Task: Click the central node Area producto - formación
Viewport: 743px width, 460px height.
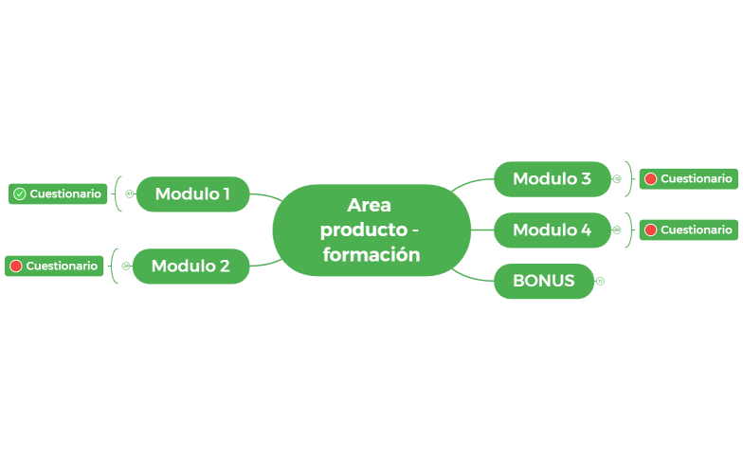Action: pos(371,230)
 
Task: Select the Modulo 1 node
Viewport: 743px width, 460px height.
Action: pos(192,193)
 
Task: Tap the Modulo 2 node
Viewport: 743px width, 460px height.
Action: pos(190,266)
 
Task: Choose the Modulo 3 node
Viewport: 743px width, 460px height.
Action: pos(552,178)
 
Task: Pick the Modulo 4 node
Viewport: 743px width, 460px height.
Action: pos(552,230)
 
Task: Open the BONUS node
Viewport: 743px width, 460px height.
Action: pos(543,281)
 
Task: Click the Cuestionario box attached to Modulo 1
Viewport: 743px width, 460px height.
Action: pos(58,193)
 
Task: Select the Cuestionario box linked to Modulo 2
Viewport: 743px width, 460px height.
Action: pos(54,266)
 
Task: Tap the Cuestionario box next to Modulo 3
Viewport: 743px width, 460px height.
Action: pos(688,178)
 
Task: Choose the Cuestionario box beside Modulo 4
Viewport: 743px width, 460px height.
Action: pos(688,230)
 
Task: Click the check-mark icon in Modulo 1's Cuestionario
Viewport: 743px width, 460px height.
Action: pos(20,193)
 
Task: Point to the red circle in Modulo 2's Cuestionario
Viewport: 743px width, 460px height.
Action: pos(16,266)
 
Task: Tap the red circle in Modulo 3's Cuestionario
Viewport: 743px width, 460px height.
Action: pos(651,178)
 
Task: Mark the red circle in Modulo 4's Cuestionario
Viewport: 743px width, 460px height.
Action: pos(651,230)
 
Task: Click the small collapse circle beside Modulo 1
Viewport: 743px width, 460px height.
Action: pos(129,193)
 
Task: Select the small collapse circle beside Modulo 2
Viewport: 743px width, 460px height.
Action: pos(125,266)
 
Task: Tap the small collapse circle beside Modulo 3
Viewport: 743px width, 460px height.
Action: pos(617,178)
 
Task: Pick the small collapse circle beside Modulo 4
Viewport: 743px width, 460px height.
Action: pos(617,230)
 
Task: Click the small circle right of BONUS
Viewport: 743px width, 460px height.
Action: pos(600,281)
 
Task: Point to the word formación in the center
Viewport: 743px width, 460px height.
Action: pos(371,254)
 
